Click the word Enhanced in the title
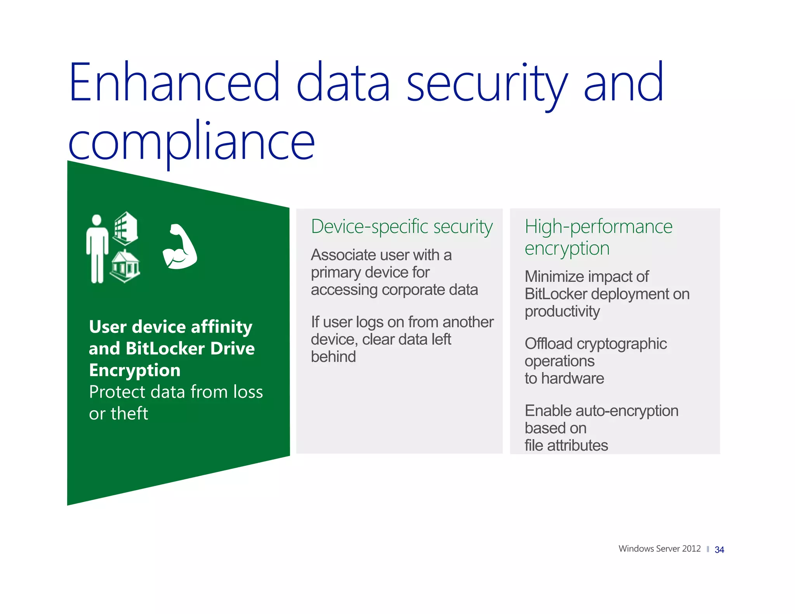(174, 82)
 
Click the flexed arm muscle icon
(180, 247)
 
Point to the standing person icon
(97, 249)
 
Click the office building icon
(125, 228)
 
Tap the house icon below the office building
(125, 266)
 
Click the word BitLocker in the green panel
(165, 349)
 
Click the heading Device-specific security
(402, 227)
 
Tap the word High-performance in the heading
(598, 227)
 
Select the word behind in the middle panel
(333, 357)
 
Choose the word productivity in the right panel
(562, 312)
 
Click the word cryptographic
(621, 344)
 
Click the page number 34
(719, 550)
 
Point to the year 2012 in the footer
(691, 549)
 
